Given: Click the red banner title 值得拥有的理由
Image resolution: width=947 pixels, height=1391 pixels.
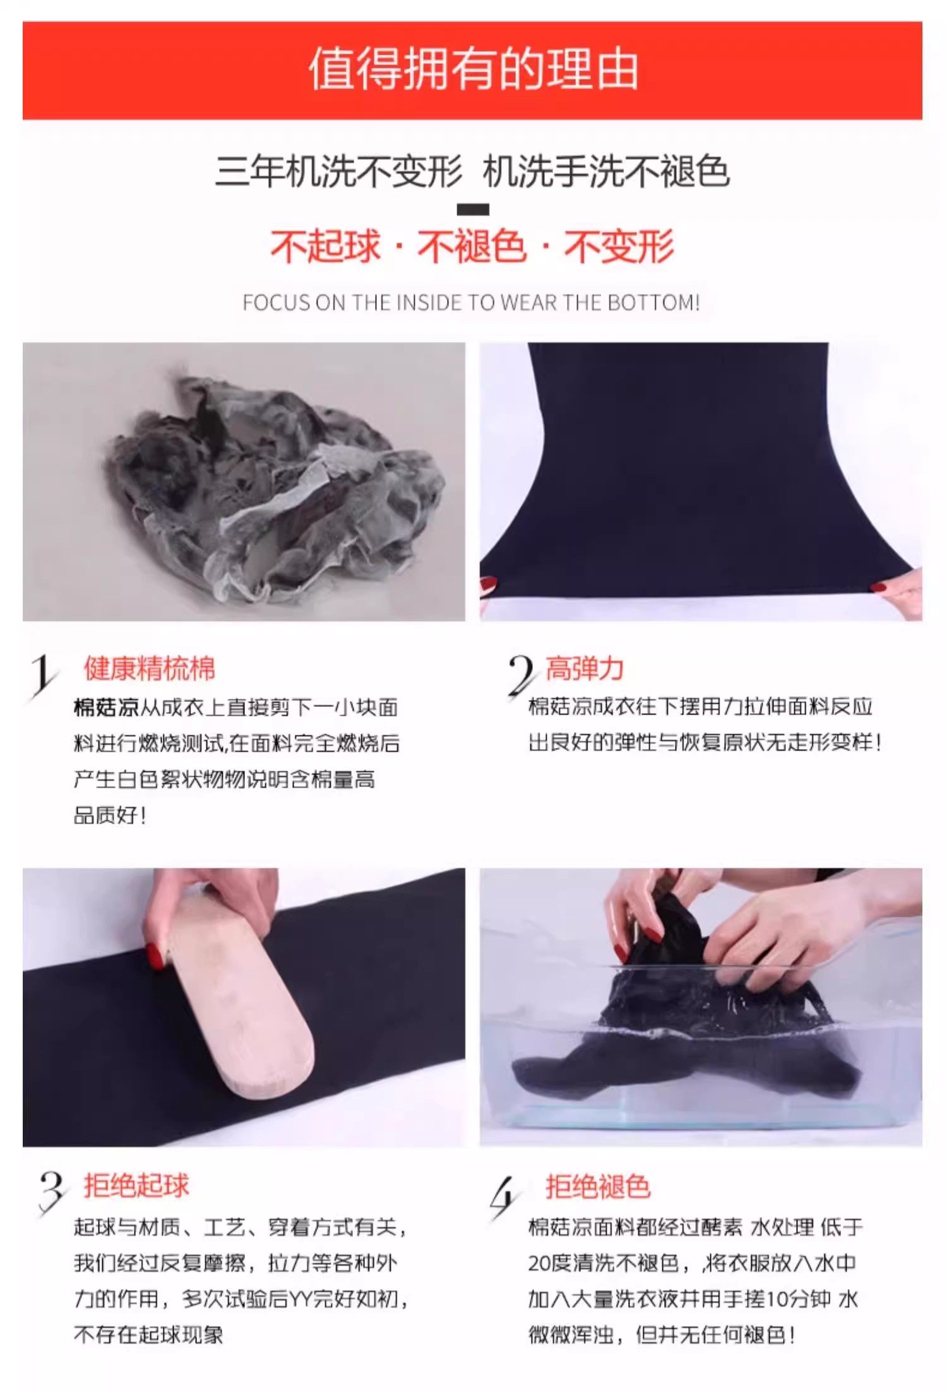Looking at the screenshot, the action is point(473,69).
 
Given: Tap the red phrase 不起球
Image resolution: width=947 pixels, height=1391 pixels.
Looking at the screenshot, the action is point(326,246).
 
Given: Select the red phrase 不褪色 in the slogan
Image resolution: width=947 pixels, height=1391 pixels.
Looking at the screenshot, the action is point(472,246).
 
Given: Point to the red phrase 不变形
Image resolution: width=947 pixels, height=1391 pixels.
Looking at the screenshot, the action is point(619,246).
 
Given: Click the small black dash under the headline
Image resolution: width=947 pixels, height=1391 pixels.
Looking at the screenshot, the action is point(473,210).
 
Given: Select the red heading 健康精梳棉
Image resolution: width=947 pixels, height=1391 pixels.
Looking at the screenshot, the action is point(150,668).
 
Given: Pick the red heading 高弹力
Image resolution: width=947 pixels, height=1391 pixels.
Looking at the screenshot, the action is point(585,668).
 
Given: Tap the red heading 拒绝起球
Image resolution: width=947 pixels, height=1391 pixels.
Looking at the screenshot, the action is point(136,1186).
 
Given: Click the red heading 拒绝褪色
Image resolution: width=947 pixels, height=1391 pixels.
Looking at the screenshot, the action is point(598,1186).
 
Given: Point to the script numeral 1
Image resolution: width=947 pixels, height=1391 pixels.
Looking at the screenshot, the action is point(43,677).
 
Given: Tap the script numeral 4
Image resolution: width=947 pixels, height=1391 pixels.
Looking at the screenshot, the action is point(505,1197).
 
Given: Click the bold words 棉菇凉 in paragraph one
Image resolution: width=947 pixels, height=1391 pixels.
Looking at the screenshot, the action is point(106,707).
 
